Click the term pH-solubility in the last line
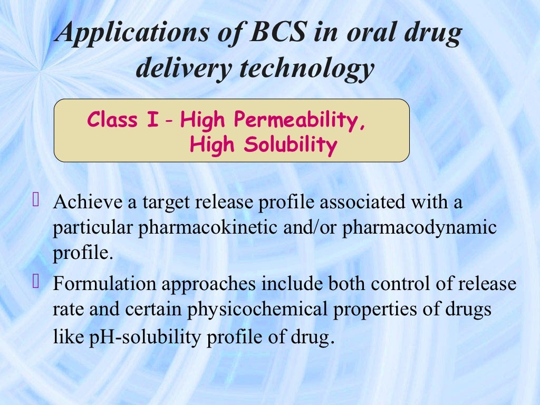coord(140,336)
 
